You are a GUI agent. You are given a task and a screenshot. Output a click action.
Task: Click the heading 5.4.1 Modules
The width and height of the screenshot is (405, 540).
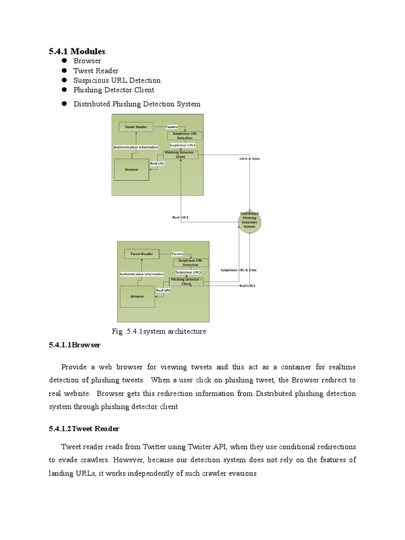pyautogui.click(x=77, y=51)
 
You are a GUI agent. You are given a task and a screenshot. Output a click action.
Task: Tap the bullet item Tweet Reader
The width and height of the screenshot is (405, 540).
pyautogui.click(x=95, y=71)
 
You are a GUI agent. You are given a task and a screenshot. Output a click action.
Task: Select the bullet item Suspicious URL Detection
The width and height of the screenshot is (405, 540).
pyautogui.click(x=117, y=80)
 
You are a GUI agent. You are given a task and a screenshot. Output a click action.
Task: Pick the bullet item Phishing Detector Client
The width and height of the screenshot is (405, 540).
pyautogui.click(x=113, y=90)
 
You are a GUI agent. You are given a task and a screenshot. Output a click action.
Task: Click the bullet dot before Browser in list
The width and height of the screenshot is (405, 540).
pyautogui.click(x=64, y=61)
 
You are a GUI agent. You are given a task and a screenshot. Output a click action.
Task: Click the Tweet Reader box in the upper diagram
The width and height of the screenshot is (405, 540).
pyautogui.click(x=136, y=127)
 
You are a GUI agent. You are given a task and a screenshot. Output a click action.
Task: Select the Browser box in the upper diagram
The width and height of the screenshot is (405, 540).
pyautogui.click(x=132, y=170)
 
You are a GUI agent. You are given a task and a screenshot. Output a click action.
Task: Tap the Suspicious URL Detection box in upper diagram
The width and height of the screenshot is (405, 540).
pyautogui.click(x=185, y=136)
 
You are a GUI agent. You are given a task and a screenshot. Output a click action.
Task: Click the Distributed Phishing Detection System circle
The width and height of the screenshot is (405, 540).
pyautogui.click(x=249, y=220)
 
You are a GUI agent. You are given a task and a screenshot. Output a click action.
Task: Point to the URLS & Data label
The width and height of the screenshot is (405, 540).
pyautogui.click(x=250, y=158)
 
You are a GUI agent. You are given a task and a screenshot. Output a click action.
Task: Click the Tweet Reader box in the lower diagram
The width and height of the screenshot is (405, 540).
pyautogui.click(x=142, y=254)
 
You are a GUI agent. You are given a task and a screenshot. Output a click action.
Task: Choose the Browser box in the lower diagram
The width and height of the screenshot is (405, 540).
pyautogui.click(x=137, y=296)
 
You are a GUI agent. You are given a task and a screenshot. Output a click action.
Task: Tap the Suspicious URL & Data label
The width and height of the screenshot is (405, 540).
pyautogui.click(x=239, y=269)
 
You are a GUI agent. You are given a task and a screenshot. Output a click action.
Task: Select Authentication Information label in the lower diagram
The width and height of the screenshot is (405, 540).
pyautogui.click(x=141, y=274)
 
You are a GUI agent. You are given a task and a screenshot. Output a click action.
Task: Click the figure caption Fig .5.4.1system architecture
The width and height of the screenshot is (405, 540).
pyautogui.click(x=159, y=331)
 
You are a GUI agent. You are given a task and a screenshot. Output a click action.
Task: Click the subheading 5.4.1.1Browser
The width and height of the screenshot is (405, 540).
pyautogui.click(x=74, y=344)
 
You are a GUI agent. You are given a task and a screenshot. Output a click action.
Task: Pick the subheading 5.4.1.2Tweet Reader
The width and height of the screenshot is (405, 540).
pyautogui.click(x=84, y=429)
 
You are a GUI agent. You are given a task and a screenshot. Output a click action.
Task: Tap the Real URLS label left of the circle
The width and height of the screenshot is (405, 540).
pyautogui.click(x=180, y=217)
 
